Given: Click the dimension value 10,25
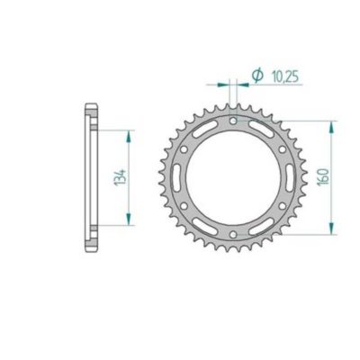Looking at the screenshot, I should pyautogui.click(x=284, y=76).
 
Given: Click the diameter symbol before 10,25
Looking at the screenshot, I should pyautogui.click(x=256, y=76).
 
